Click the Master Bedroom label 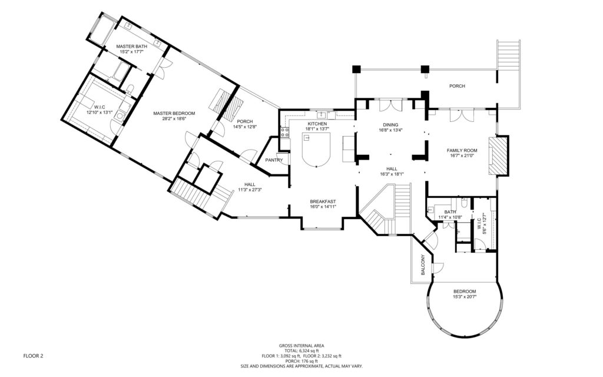pos(174,114)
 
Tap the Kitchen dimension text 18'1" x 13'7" pos(317,129)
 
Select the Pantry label pos(274,160)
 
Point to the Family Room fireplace pos(498,155)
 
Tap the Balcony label pos(423,264)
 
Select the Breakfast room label pos(323,201)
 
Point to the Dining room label pos(390,125)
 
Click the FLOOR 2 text pos(33,356)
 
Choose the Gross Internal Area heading pos(301,345)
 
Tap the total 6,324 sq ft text pos(301,351)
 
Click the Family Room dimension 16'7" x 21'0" pos(462,156)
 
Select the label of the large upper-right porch pos(457,86)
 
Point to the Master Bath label pos(131,47)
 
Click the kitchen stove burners pos(285,133)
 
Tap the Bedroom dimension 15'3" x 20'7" pos(465,297)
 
